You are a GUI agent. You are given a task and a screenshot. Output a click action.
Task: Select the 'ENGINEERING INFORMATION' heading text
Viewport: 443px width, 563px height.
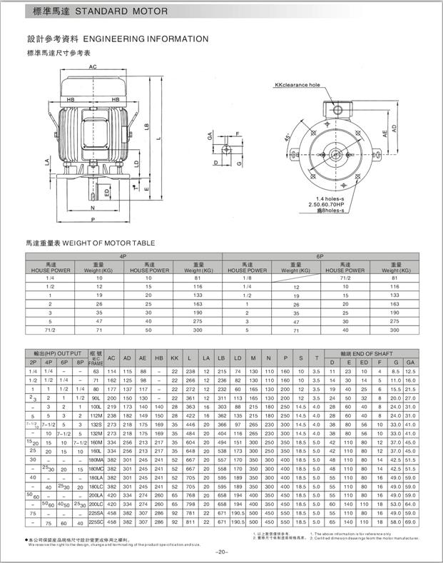coord(146,39)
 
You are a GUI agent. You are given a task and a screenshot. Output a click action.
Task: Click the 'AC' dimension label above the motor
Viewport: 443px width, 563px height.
coord(93,66)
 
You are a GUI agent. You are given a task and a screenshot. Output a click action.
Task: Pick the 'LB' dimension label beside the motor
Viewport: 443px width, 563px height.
coord(146,126)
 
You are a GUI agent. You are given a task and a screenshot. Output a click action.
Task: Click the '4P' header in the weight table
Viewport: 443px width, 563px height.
coord(123,255)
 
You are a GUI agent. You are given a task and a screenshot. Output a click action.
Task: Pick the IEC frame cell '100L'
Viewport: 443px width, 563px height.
coord(96,406)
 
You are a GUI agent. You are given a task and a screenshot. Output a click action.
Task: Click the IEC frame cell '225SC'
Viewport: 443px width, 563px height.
coord(96,522)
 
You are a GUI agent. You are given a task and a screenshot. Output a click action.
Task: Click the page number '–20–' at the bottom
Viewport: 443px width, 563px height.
coord(221,552)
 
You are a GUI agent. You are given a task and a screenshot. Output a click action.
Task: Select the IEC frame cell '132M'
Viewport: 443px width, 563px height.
coord(96,433)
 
